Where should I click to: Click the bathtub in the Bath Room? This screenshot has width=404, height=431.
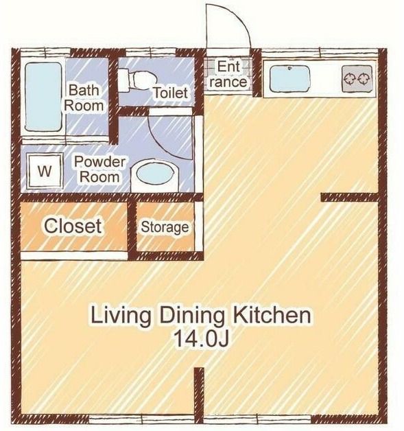pyautogui.click(x=43, y=97)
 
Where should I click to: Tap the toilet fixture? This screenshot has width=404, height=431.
pyautogui.click(x=134, y=80)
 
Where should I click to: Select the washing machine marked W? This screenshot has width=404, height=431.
pyautogui.click(x=45, y=172)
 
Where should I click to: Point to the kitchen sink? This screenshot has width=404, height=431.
pyautogui.click(x=289, y=78)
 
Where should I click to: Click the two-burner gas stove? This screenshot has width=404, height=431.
pyautogui.click(x=357, y=78)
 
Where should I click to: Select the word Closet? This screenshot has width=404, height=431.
pyautogui.click(x=73, y=226)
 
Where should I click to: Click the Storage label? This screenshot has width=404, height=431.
pyautogui.click(x=165, y=227)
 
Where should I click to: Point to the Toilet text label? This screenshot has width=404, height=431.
pyautogui.click(x=170, y=93)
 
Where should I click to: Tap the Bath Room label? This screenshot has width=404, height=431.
pyautogui.click(x=84, y=98)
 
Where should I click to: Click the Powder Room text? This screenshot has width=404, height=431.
pyautogui.click(x=99, y=170)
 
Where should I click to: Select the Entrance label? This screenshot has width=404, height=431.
pyautogui.click(x=228, y=74)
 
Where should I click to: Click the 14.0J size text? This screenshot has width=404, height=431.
pyautogui.click(x=201, y=339)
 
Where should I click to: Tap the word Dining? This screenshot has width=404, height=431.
pyautogui.click(x=191, y=316)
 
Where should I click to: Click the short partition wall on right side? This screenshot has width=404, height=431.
pyautogui.click(x=350, y=198)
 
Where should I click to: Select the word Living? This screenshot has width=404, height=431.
pyautogui.click(x=121, y=316)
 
